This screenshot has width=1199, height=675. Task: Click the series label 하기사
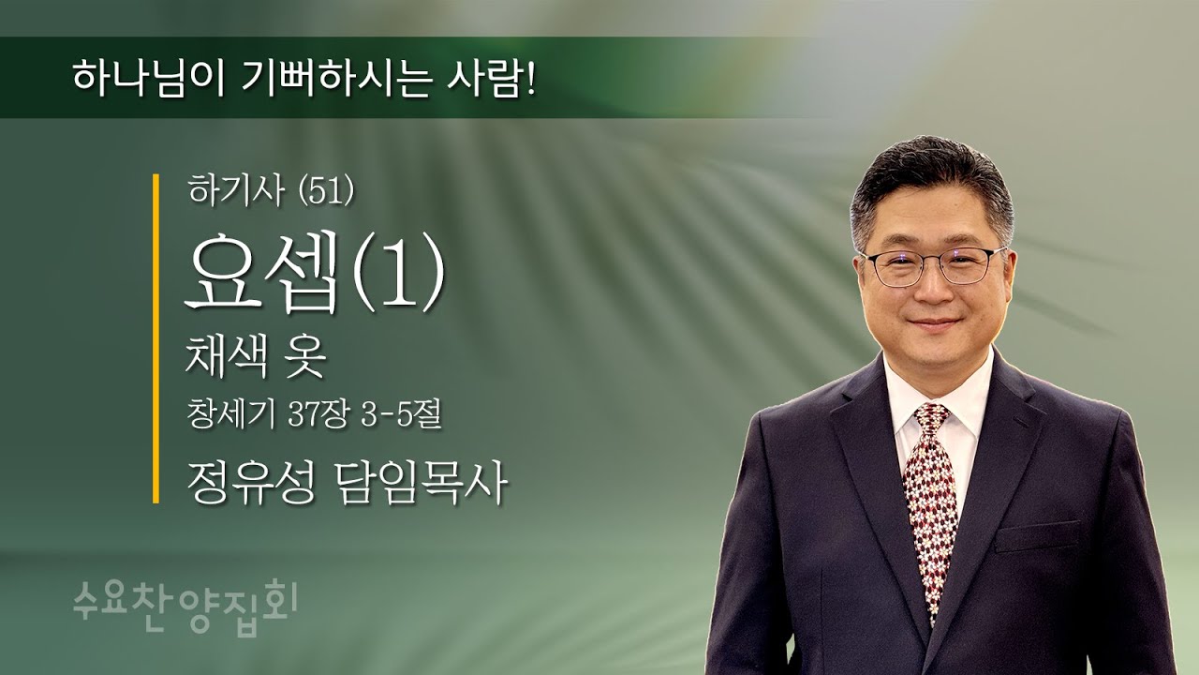[225, 191]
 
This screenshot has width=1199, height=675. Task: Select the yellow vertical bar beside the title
[155, 338]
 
